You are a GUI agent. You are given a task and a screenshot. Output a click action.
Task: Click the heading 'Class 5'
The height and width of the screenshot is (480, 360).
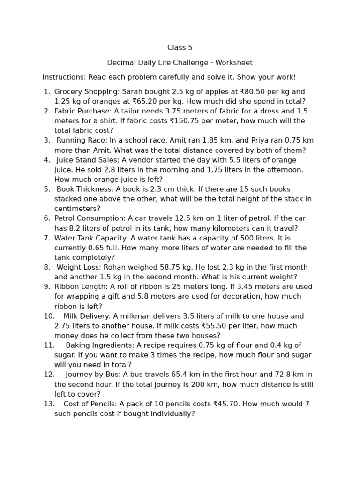[180, 48]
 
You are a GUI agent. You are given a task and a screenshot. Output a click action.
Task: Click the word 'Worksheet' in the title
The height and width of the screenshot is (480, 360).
[236, 63]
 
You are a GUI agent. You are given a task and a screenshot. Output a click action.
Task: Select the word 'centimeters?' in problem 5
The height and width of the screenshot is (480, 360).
[77, 209]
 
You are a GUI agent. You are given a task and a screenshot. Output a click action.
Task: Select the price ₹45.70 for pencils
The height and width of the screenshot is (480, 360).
[228, 404]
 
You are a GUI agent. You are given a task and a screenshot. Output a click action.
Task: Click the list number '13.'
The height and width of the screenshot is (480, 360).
[49, 404]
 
